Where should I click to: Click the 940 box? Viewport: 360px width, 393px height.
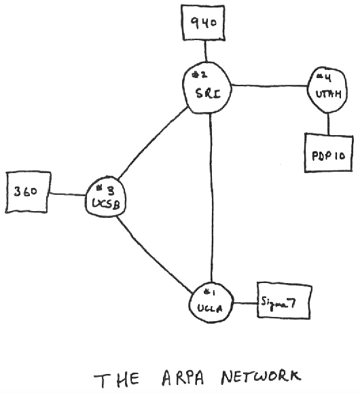(202, 22)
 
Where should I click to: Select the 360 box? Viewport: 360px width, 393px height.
(28, 192)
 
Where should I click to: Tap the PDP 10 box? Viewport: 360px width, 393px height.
(329, 153)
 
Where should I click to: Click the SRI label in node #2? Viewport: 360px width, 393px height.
(208, 94)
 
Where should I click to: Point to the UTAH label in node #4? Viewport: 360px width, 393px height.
(328, 94)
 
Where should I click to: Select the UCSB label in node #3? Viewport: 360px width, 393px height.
(106, 204)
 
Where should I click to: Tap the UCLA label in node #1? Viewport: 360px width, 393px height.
(210, 308)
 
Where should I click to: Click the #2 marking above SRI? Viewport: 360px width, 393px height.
(200, 75)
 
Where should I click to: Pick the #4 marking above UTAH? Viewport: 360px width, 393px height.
(324, 77)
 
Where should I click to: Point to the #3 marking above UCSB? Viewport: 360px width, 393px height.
(105, 191)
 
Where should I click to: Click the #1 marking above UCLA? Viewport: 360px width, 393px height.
(210, 292)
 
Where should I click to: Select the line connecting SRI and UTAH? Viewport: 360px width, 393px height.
(270, 86)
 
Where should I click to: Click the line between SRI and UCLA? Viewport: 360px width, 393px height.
(211, 198)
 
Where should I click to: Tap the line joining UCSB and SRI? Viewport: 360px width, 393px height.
(153, 143)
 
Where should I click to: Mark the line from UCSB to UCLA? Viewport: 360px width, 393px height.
(154, 255)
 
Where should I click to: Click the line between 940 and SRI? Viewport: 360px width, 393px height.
(206, 51)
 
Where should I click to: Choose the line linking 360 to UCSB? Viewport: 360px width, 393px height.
(68, 194)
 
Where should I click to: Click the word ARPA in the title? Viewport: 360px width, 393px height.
(183, 378)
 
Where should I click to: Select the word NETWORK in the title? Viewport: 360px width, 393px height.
(261, 377)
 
